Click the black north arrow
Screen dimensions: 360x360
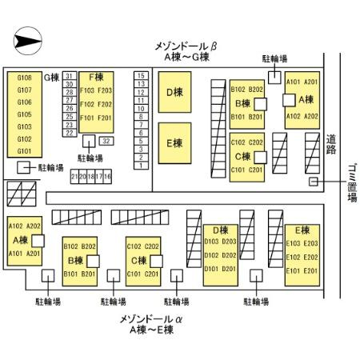point(29,38)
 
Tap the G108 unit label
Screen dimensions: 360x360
point(24,78)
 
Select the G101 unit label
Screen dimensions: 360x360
point(24,150)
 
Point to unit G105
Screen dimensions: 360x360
point(24,114)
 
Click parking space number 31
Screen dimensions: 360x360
point(69,75)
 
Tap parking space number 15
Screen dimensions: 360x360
point(141,75)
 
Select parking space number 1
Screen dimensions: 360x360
point(141,166)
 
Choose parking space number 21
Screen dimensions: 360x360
point(74,176)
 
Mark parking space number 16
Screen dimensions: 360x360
point(107,176)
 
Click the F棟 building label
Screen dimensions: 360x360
point(96,78)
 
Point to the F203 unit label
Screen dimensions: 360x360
point(105,91)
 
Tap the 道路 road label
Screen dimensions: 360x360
point(331,144)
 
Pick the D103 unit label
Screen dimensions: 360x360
point(210,241)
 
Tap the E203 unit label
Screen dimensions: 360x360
point(310,243)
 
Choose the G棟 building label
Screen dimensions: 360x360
point(53,77)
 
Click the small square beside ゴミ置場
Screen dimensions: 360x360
point(314,182)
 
